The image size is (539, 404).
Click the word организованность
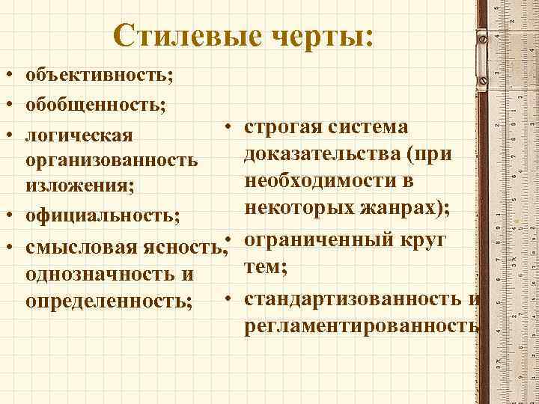[x=112, y=160]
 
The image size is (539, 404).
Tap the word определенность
[x=106, y=302]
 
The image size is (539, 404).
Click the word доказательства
[x=323, y=155]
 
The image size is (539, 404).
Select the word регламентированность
[x=359, y=326]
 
